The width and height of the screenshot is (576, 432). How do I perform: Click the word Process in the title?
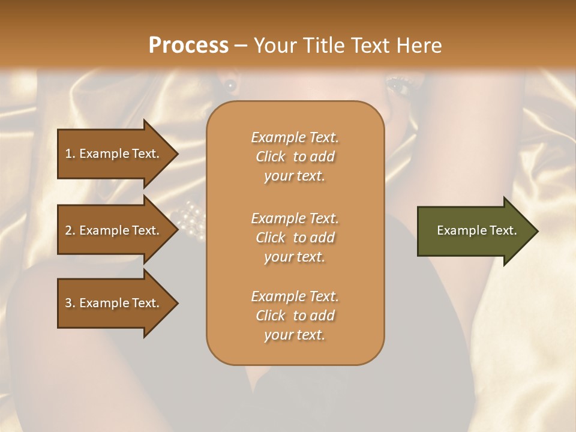[x=188, y=46]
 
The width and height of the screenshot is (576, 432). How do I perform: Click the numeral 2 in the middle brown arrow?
[x=68, y=230]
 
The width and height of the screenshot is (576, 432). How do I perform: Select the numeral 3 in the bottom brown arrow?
[x=68, y=303]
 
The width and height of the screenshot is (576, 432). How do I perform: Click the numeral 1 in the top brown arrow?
[x=68, y=154]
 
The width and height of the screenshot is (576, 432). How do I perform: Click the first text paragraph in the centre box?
[x=295, y=157]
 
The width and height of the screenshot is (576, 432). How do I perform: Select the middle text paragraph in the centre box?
[x=295, y=238]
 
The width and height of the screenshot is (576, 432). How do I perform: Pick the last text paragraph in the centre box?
[x=295, y=316]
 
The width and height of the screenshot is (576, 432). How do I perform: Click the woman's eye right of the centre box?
[x=398, y=88]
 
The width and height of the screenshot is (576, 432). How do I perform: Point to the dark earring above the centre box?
[x=230, y=85]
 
